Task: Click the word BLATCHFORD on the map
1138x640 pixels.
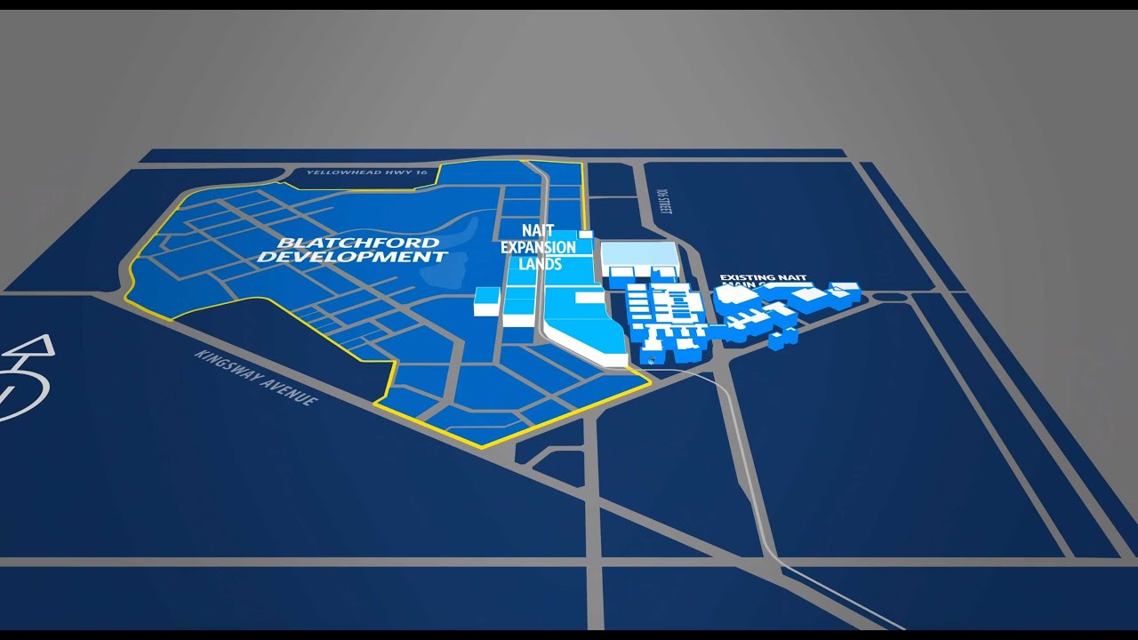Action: [x=358, y=243]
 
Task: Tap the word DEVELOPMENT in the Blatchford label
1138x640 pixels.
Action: [x=352, y=257]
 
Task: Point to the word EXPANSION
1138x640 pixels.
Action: [x=539, y=247]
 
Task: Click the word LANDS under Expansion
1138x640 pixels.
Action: [x=540, y=264]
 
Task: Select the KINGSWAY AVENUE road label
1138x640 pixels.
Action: [x=256, y=377]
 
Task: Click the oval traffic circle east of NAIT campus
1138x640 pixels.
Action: [x=890, y=296]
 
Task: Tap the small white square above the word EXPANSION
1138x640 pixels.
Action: [x=585, y=234]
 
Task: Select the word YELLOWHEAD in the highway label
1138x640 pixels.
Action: [x=333, y=172]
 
